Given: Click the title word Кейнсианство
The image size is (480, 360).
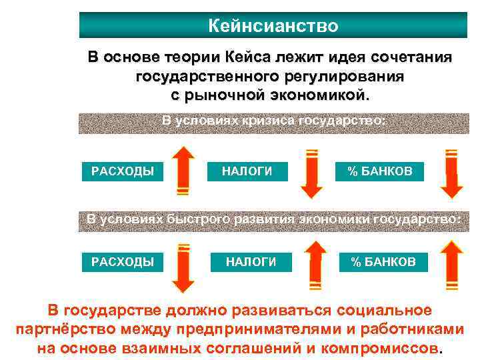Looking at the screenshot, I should click(x=273, y=26).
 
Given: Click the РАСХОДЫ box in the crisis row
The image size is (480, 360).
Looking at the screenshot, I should click(x=123, y=171).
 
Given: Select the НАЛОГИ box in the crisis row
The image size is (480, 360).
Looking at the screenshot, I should click(x=247, y=171).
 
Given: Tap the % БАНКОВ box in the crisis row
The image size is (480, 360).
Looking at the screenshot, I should click(x=379, y=171).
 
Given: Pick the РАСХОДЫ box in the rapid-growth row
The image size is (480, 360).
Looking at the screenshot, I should click(x=123, y=261).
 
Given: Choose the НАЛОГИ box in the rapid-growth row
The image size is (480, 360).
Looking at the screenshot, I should click(x=251, y=261).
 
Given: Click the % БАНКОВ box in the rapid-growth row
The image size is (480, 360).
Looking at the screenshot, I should click(x=383, y=261).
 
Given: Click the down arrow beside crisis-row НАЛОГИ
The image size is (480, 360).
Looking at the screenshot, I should click(x=311, y=173).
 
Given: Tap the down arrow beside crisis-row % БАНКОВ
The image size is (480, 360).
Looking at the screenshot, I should click(x=452, y=173).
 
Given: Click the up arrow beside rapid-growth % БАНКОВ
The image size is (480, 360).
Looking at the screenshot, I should click(x=452, y=265).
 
